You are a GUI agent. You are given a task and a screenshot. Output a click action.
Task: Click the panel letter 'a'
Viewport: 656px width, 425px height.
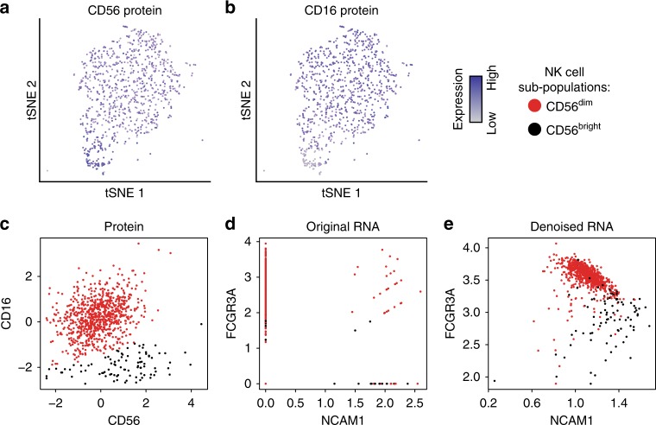pos(7,8)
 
